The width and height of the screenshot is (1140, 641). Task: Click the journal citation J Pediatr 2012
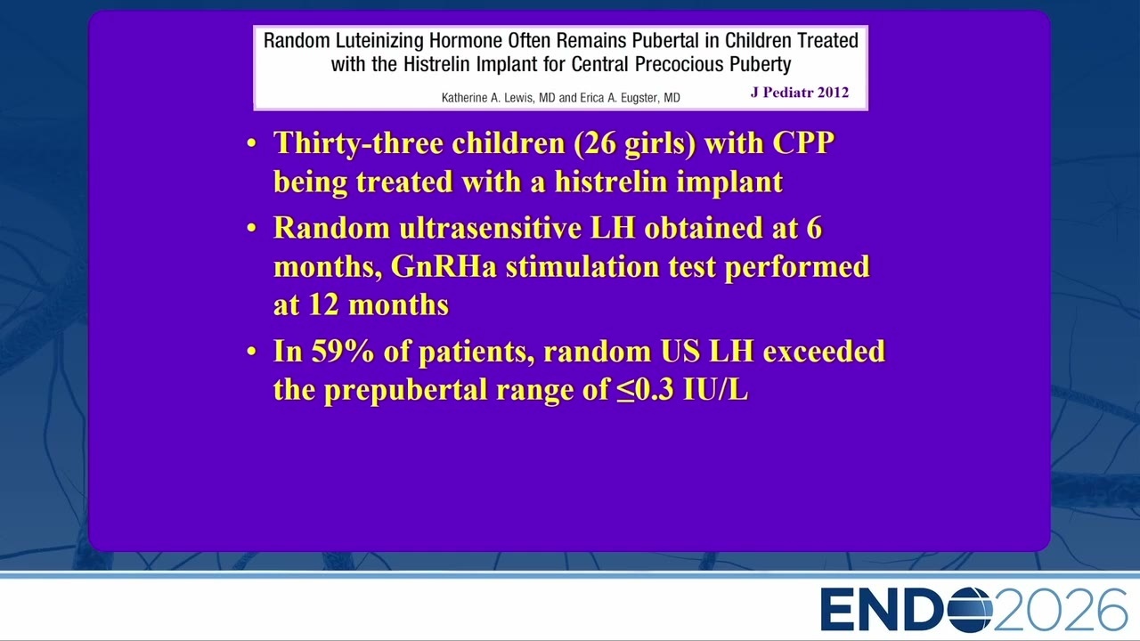point(800,92)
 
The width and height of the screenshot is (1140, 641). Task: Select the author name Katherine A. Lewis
point(487,98)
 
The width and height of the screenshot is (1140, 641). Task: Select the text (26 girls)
point(635,143)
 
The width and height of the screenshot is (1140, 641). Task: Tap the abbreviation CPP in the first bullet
point(803,142)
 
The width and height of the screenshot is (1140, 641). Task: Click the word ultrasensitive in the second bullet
point(490,227)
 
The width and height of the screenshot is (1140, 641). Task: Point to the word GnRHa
point(444,266)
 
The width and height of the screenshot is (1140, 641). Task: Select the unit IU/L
point(715,389)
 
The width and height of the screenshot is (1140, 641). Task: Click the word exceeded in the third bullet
point(824,351)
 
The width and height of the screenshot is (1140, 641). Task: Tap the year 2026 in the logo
point(1060,610)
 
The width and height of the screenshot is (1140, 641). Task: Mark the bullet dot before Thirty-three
point(251,144)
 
